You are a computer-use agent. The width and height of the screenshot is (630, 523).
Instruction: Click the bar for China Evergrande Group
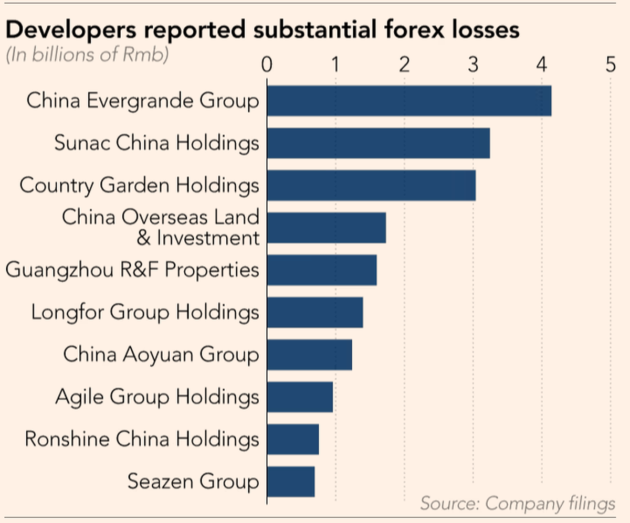pyautogui.click(x=409, y=100)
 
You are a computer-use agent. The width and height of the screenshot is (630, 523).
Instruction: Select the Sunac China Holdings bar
pyautogui.click(x=378, y=143)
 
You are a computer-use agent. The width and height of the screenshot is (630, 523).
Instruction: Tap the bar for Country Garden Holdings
pyautogui.click(x=371, y=185)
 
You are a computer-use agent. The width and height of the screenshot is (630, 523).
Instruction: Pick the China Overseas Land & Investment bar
pyautogui.click(x=326, y=228)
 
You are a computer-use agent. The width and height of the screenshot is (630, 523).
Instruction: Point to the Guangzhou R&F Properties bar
pyautogui.click(x=321, y=270)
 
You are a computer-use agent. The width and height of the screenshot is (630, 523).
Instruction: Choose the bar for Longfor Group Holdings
pyautogui.click(x=314, y=312)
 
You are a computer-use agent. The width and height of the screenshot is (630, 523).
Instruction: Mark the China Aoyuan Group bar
pyautogui.click(x=309, y=355)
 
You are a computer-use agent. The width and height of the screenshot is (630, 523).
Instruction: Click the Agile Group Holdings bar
pyautogui.click(x=300, y=397)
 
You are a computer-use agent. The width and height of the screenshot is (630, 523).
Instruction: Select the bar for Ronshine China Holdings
pyautogui.click(x=292, y=439)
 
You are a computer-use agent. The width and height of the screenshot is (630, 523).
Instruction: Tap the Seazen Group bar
pyautogui.click(x=290, y=482)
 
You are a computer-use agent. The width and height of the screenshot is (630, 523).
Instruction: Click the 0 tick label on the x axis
pyautogui.click(x=267, y=65)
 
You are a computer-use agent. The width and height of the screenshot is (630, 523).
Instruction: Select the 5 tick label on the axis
pyautogui.click(x=610, y=65)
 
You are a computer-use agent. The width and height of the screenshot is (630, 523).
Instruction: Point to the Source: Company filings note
pyautogui.click(x=517, y=504)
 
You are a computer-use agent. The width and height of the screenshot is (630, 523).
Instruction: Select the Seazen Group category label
pyautogui.click(x=193, y=482)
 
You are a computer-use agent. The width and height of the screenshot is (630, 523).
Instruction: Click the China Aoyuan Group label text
pyautogui.click(x=161, y=355)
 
